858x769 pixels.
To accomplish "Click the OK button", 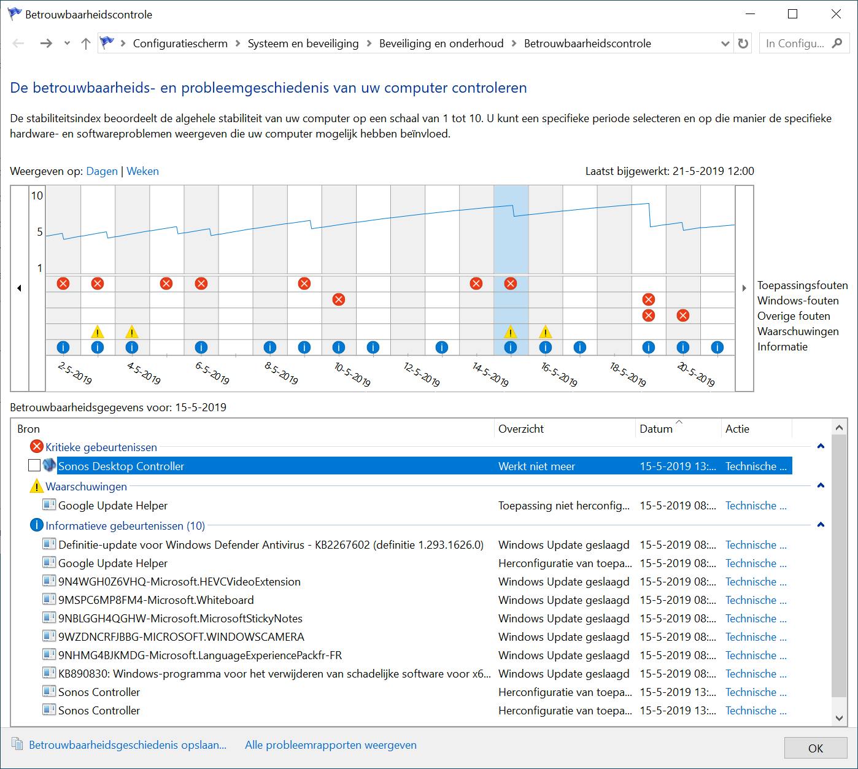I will [815, 748].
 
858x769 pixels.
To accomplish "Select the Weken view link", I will [142, 171].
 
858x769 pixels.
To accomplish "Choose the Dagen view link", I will [102, 171].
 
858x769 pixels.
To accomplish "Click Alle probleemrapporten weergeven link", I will [330, 745].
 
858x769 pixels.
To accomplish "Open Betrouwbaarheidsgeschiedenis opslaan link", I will [128, 745].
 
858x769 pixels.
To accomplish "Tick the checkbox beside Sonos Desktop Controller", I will [34, 466].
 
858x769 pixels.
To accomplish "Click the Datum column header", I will [656, 429].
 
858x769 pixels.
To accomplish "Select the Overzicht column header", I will [521, 429].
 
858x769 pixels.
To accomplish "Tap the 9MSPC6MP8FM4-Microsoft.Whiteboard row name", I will [156, 600].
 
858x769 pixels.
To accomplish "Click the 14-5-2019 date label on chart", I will [490, 374].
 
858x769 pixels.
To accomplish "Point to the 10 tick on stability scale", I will [37, 196].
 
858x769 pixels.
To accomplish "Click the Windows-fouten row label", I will [797, 301].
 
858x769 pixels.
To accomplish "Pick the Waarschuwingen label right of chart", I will [797, 331].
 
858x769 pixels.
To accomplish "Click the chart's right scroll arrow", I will [744, 288].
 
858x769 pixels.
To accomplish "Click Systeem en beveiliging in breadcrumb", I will [303, 44].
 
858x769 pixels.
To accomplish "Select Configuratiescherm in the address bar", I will [180, 44].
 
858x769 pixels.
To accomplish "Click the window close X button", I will [836, 14].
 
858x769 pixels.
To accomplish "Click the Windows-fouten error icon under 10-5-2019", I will [338, 299].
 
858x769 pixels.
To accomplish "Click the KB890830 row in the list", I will [274, 673].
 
